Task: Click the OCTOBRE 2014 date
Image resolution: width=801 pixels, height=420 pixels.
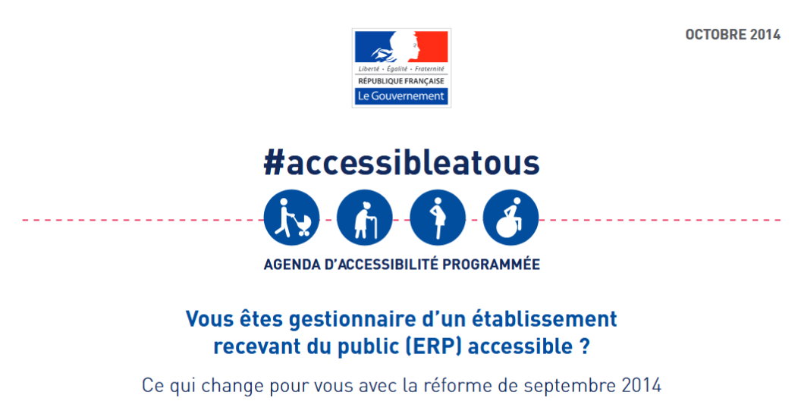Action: tap(733, 35)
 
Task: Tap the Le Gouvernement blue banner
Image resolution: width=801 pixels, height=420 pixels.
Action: tap(401, 96)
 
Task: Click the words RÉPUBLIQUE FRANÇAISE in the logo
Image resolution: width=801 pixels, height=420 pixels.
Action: tap(401, 81)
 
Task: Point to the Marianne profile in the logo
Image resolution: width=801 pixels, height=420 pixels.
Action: tap(404, 46)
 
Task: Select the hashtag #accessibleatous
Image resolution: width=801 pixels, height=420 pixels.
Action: tap(401, 163)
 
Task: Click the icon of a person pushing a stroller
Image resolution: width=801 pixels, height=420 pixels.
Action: tap(292, 218)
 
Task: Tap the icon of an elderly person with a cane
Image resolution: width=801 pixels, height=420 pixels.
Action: tap(365, 218)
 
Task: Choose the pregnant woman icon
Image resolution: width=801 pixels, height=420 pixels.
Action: tap(438, 218)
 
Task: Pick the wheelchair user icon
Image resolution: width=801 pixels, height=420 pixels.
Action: tap(510, 218)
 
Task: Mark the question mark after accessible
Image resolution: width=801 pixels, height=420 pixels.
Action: tap(585, 346)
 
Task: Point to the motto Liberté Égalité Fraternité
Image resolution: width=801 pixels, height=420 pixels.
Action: tap(401, 69)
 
